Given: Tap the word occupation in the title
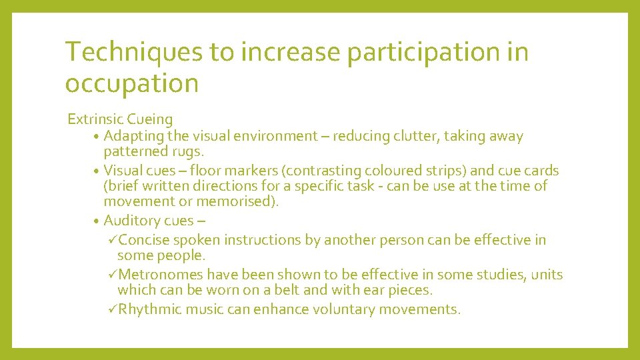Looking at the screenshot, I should click(132, 84).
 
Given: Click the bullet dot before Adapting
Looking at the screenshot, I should click(97, 137).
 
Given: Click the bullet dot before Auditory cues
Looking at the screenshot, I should click(97, 221).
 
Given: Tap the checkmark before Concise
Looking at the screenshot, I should click(111, 240).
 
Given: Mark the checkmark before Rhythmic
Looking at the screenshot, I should click(111, 309).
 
